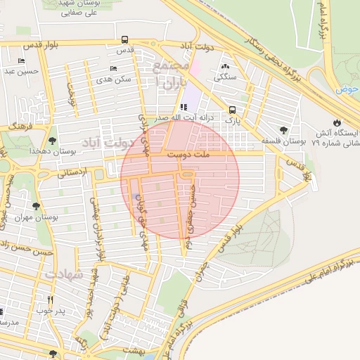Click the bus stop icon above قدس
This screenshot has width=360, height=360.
click(x=124, y=40)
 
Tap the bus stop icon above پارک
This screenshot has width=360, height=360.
click(x=232, y=110)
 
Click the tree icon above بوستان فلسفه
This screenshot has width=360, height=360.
click(x=283, y=130)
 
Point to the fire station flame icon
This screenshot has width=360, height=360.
click(x=337, y=122)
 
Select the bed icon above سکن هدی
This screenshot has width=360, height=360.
click(x=113, y=69)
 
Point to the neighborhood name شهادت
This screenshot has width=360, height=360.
click(x=65, y=274)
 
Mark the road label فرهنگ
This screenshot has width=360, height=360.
click(x=21, y=127)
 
